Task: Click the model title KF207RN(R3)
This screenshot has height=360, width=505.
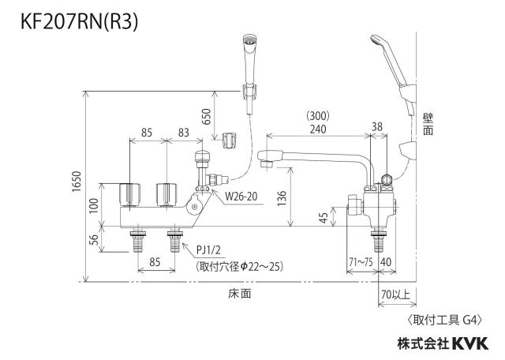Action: point(79,22)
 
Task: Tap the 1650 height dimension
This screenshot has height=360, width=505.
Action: point(77,182)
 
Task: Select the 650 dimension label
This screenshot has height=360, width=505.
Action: point(206,117)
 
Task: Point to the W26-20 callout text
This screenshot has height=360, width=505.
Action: point(241,197)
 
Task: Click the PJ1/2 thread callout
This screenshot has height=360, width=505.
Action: point(208,250)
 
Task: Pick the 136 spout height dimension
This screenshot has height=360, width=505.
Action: point(281,198)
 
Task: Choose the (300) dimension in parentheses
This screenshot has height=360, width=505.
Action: point(318,116)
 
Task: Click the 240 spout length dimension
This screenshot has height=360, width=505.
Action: point(318,129)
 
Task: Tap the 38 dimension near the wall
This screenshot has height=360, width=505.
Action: point(377,126)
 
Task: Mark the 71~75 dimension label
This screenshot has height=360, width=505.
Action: point(361,261)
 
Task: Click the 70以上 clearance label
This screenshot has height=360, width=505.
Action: point(396,294)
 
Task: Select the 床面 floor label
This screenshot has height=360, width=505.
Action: point(240,293)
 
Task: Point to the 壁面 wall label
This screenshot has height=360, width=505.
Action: point(428,125)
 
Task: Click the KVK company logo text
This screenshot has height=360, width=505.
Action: point(470,343)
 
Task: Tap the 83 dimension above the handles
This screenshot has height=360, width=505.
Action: point(184,133)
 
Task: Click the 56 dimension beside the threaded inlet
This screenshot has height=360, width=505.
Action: point(93,239)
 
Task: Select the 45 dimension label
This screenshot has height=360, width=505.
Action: point(324,218)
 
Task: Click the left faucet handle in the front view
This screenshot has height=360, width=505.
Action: point(129,195)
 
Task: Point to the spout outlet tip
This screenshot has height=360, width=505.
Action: point(266,163)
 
